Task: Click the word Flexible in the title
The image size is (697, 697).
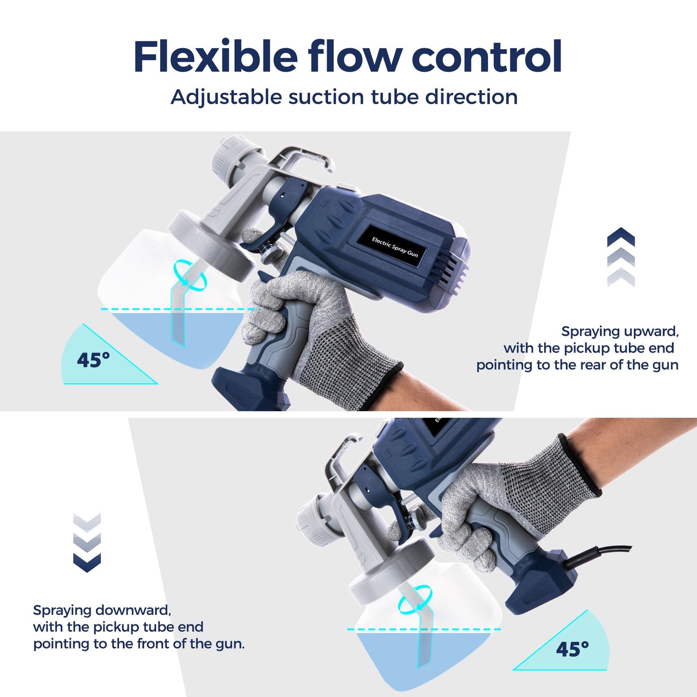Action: (215, 57)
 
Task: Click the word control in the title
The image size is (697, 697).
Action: (487, 57)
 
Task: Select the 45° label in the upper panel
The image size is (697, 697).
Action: (93, 360)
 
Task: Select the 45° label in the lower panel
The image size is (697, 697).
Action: (572, 649)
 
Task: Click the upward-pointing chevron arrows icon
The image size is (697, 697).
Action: (621, 257)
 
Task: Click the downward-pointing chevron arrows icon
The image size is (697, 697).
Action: (87, 542)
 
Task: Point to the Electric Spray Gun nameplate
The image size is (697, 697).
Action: (395, 246)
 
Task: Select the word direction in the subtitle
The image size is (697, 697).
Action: (471, 97)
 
